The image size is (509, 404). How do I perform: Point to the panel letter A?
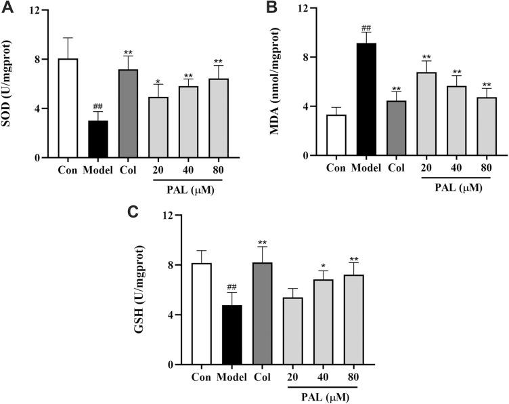coord(9,7)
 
